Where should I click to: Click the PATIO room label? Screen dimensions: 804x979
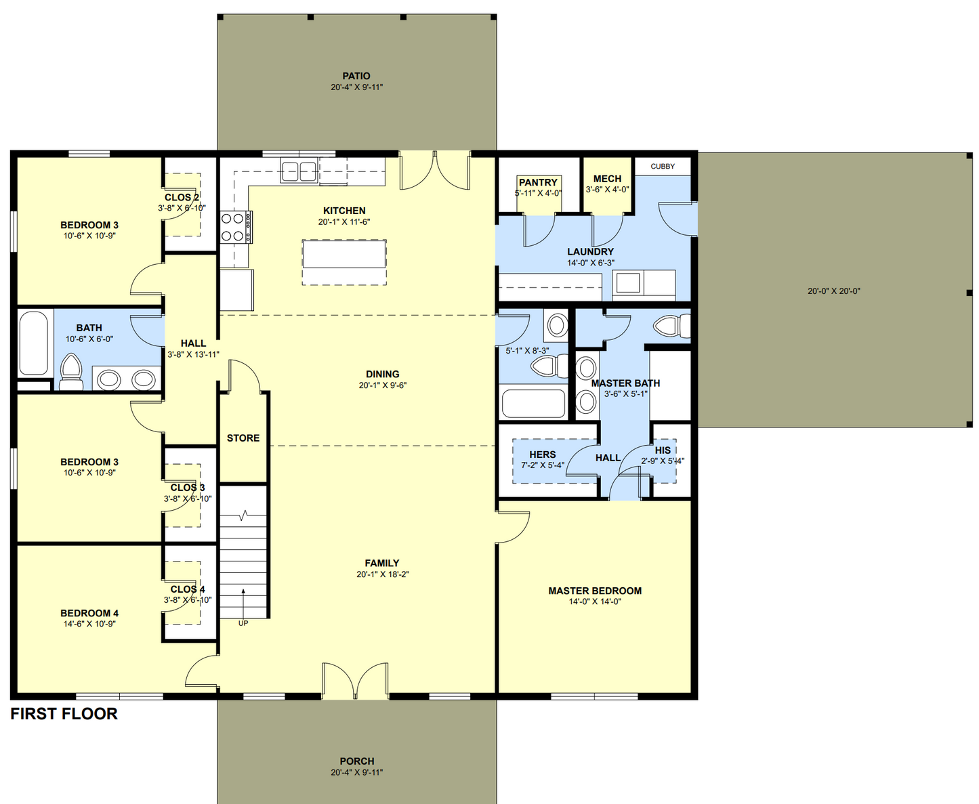click(356, 76)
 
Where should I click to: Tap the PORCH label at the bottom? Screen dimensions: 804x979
click(356, 761)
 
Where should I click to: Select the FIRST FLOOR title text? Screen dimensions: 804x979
click(64, 714)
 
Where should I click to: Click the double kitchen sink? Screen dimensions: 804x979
click(299, 171)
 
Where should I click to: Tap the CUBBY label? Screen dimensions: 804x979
click(663, 167)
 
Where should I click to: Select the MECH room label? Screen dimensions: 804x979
click(607, 179)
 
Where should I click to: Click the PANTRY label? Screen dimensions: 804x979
click(538, 182)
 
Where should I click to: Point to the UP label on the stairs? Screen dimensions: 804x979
click(243, 623)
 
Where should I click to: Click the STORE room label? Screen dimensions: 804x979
click(243, 438)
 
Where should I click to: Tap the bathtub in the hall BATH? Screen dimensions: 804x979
click(33, 343)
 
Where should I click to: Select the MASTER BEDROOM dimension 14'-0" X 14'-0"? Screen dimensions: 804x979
click(595, 601)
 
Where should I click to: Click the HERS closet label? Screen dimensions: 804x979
click(543, 454)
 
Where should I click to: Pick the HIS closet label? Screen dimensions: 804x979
click(663, 450)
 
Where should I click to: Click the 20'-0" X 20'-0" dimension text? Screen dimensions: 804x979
click(833, 291)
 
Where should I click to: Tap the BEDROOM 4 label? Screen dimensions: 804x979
click(89, 613)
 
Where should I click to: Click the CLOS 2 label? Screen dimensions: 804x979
click(182, 197)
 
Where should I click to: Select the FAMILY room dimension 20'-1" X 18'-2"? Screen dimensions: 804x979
click(382, 574)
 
